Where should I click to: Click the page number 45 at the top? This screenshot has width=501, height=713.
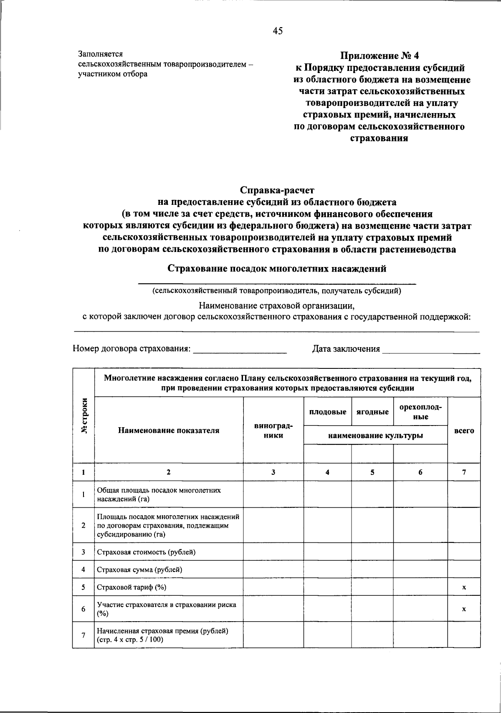278,30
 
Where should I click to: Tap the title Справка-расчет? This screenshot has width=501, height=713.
277,190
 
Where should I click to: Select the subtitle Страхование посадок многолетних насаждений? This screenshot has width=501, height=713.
277,269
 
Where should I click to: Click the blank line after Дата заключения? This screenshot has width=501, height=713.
431,350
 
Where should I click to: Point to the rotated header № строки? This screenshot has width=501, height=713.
84,416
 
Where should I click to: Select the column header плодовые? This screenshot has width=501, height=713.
327,412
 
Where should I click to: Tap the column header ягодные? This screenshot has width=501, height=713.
372,412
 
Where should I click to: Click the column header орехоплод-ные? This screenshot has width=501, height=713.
420,411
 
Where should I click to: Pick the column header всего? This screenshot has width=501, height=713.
464,431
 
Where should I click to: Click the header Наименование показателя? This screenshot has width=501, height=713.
169,431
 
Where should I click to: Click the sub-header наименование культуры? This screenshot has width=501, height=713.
375,436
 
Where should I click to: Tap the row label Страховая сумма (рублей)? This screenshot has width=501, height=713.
139,569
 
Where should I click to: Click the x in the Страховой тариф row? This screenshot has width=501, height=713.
464,587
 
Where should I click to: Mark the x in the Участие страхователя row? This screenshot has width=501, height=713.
464,609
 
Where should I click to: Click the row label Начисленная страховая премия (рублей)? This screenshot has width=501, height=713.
163,631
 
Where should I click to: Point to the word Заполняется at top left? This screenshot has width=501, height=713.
100,54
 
